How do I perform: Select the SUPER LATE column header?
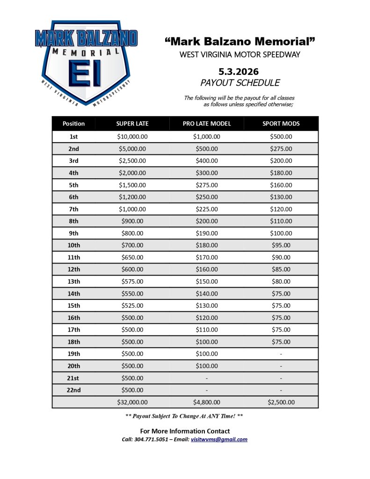[132, 124]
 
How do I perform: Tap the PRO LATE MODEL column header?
[207, 124]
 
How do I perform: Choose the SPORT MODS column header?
[281, 124]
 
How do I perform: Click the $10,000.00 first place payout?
[132, 137]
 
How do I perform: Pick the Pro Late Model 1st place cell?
[207, 137]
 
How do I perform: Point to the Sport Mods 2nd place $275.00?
[281, 149]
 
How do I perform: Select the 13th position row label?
[74, 282]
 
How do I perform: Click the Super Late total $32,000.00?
[132, 402]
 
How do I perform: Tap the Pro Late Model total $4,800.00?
[207, 402]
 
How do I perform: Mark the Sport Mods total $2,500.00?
[281, 402]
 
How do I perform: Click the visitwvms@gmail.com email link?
[219, 440]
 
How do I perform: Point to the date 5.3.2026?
[239, 72]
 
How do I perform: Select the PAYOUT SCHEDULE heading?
[240, 83]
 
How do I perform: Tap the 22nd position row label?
[74, 390]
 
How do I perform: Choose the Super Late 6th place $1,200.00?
[132, 197]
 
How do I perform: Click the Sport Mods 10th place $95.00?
[281, 245]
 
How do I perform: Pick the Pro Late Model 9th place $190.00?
[207, 233]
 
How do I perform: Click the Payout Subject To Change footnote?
[184, 416]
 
